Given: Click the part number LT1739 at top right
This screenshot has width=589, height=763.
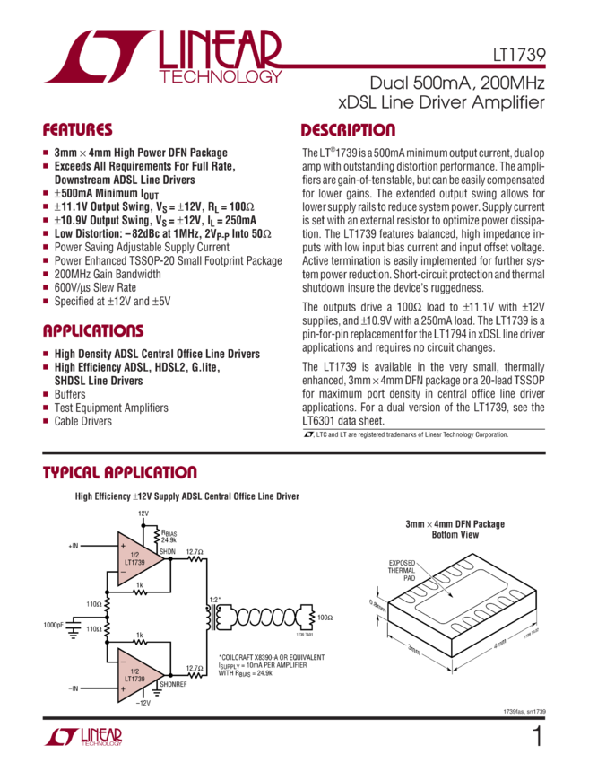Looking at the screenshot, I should click(524, 55).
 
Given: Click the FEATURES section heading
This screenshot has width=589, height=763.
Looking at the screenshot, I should click(77, 129).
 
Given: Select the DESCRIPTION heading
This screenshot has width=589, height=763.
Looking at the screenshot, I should click(347, 129).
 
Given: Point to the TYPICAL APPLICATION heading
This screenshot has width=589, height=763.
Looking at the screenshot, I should click(119, 473).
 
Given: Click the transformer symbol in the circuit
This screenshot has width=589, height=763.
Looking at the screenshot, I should click(216, 617).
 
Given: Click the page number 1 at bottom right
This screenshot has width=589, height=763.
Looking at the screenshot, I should click(537, 738).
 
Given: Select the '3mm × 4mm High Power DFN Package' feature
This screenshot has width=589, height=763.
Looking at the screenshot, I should click(135, 153).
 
